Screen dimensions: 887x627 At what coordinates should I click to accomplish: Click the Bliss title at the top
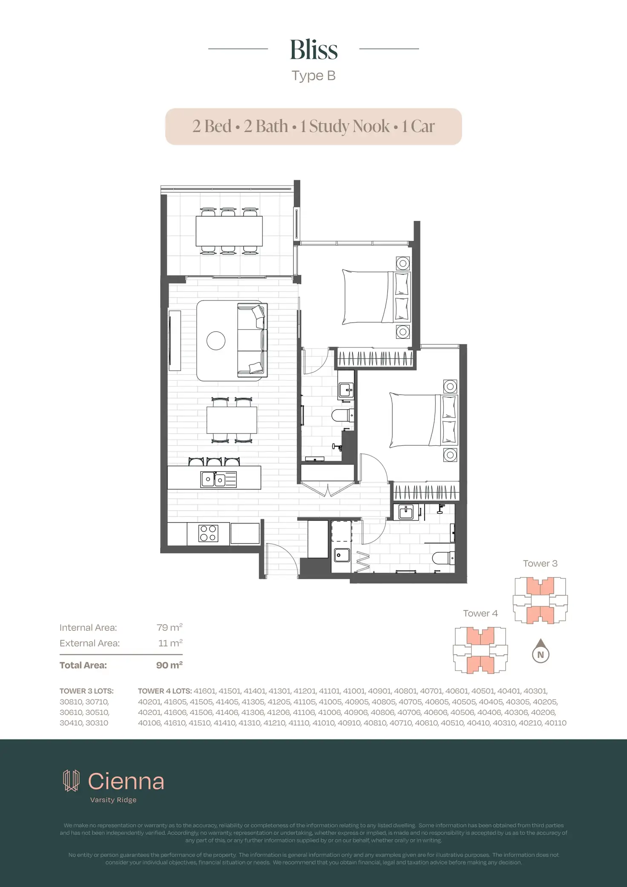313,50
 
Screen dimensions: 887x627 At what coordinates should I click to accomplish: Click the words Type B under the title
313,76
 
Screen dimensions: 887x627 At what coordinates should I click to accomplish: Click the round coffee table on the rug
216,341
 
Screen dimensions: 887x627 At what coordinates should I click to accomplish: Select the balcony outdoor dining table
229,231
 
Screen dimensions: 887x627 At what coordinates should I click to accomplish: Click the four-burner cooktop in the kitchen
208,533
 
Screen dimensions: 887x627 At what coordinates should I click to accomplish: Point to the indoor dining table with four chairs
232,420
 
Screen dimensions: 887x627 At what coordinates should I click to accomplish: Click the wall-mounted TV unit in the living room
175,341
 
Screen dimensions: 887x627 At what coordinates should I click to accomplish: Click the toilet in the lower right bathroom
443,558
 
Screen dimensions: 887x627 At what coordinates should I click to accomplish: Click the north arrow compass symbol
541,651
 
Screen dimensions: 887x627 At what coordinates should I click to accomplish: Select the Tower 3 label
540,563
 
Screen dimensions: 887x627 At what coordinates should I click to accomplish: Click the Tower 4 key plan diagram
480,650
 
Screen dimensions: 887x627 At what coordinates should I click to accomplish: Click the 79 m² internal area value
169,627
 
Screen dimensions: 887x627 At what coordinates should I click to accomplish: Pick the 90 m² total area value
169,665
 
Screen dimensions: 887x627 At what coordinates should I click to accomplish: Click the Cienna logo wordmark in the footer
126,782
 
